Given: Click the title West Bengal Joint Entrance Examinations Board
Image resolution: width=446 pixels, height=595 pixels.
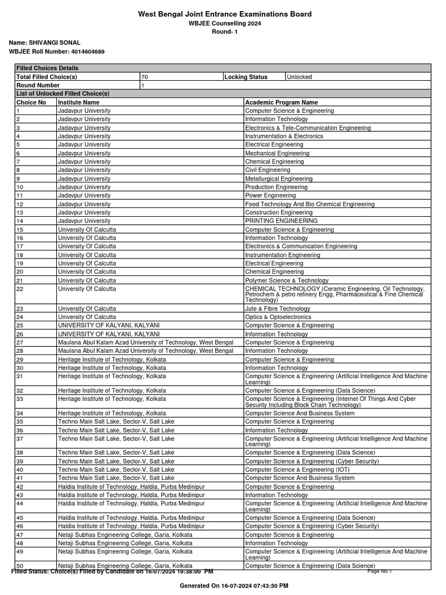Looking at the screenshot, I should coord(224,14).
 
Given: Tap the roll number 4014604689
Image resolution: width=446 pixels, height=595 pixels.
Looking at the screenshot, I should coord(84,52).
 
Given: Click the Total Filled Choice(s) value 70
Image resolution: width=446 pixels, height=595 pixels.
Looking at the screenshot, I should coord(145,77).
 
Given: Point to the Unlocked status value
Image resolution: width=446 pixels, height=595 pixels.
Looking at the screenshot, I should coord(299,77).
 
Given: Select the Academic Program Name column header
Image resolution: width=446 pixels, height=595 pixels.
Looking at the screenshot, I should coord(282,102).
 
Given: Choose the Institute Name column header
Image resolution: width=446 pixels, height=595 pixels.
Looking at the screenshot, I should coord(78,102).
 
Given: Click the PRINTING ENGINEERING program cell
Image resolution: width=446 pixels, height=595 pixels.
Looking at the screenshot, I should coord(281,221).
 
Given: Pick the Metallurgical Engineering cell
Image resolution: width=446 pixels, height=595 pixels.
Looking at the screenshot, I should coord(279,178).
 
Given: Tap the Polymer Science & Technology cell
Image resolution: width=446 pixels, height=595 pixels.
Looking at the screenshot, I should coord(287,280).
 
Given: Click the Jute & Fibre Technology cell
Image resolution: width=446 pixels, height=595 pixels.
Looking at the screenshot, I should coord(278,309).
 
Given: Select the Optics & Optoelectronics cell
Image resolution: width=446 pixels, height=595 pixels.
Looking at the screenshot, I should coord(278,317).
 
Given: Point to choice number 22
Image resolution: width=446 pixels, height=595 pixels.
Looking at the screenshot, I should coord(20,289).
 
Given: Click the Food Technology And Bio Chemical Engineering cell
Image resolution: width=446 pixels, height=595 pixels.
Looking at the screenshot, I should coord(310,204).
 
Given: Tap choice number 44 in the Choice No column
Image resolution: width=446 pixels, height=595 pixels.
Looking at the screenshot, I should coord(20,503).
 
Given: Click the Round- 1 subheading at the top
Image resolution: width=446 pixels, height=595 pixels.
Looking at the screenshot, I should coord(224,32).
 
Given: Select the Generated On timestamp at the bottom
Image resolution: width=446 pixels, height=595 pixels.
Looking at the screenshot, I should coord(234,586).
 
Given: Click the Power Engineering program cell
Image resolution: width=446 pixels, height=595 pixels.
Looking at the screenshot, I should coord(271,195).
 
